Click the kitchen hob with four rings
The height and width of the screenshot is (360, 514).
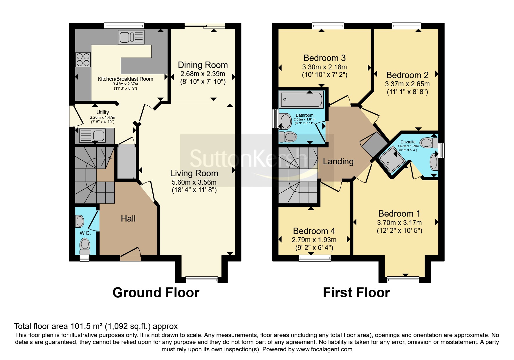click(x=83, y=60)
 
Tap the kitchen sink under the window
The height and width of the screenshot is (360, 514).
click(x=131, y=37)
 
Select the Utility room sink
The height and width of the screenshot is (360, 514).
click(x=92, y=135)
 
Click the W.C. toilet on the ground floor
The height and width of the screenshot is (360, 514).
click(x=85, y=246)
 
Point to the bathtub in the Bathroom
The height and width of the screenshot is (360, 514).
click(x=301, y=99)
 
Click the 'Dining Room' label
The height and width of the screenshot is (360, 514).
click(x=203, y=65)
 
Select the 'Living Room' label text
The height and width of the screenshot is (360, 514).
click(x=194, y=173)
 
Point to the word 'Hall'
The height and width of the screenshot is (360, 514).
click(x=128, y=218)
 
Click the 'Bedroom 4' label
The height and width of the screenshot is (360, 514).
click(x=314, y=231)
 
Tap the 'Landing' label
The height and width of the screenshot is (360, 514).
click(x=338, y=161)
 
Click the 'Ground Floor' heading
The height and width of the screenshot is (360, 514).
click(x=156, y=293)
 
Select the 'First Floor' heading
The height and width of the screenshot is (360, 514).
click(x=356, y=293)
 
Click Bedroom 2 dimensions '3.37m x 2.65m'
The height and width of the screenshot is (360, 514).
click(x=407, y=84)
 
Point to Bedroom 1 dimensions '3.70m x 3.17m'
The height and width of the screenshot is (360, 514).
click(x=399, y=223)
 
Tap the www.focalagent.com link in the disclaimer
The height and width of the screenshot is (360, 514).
click(x=324, y=349)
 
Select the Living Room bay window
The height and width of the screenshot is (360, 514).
click(x=201, y=280)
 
